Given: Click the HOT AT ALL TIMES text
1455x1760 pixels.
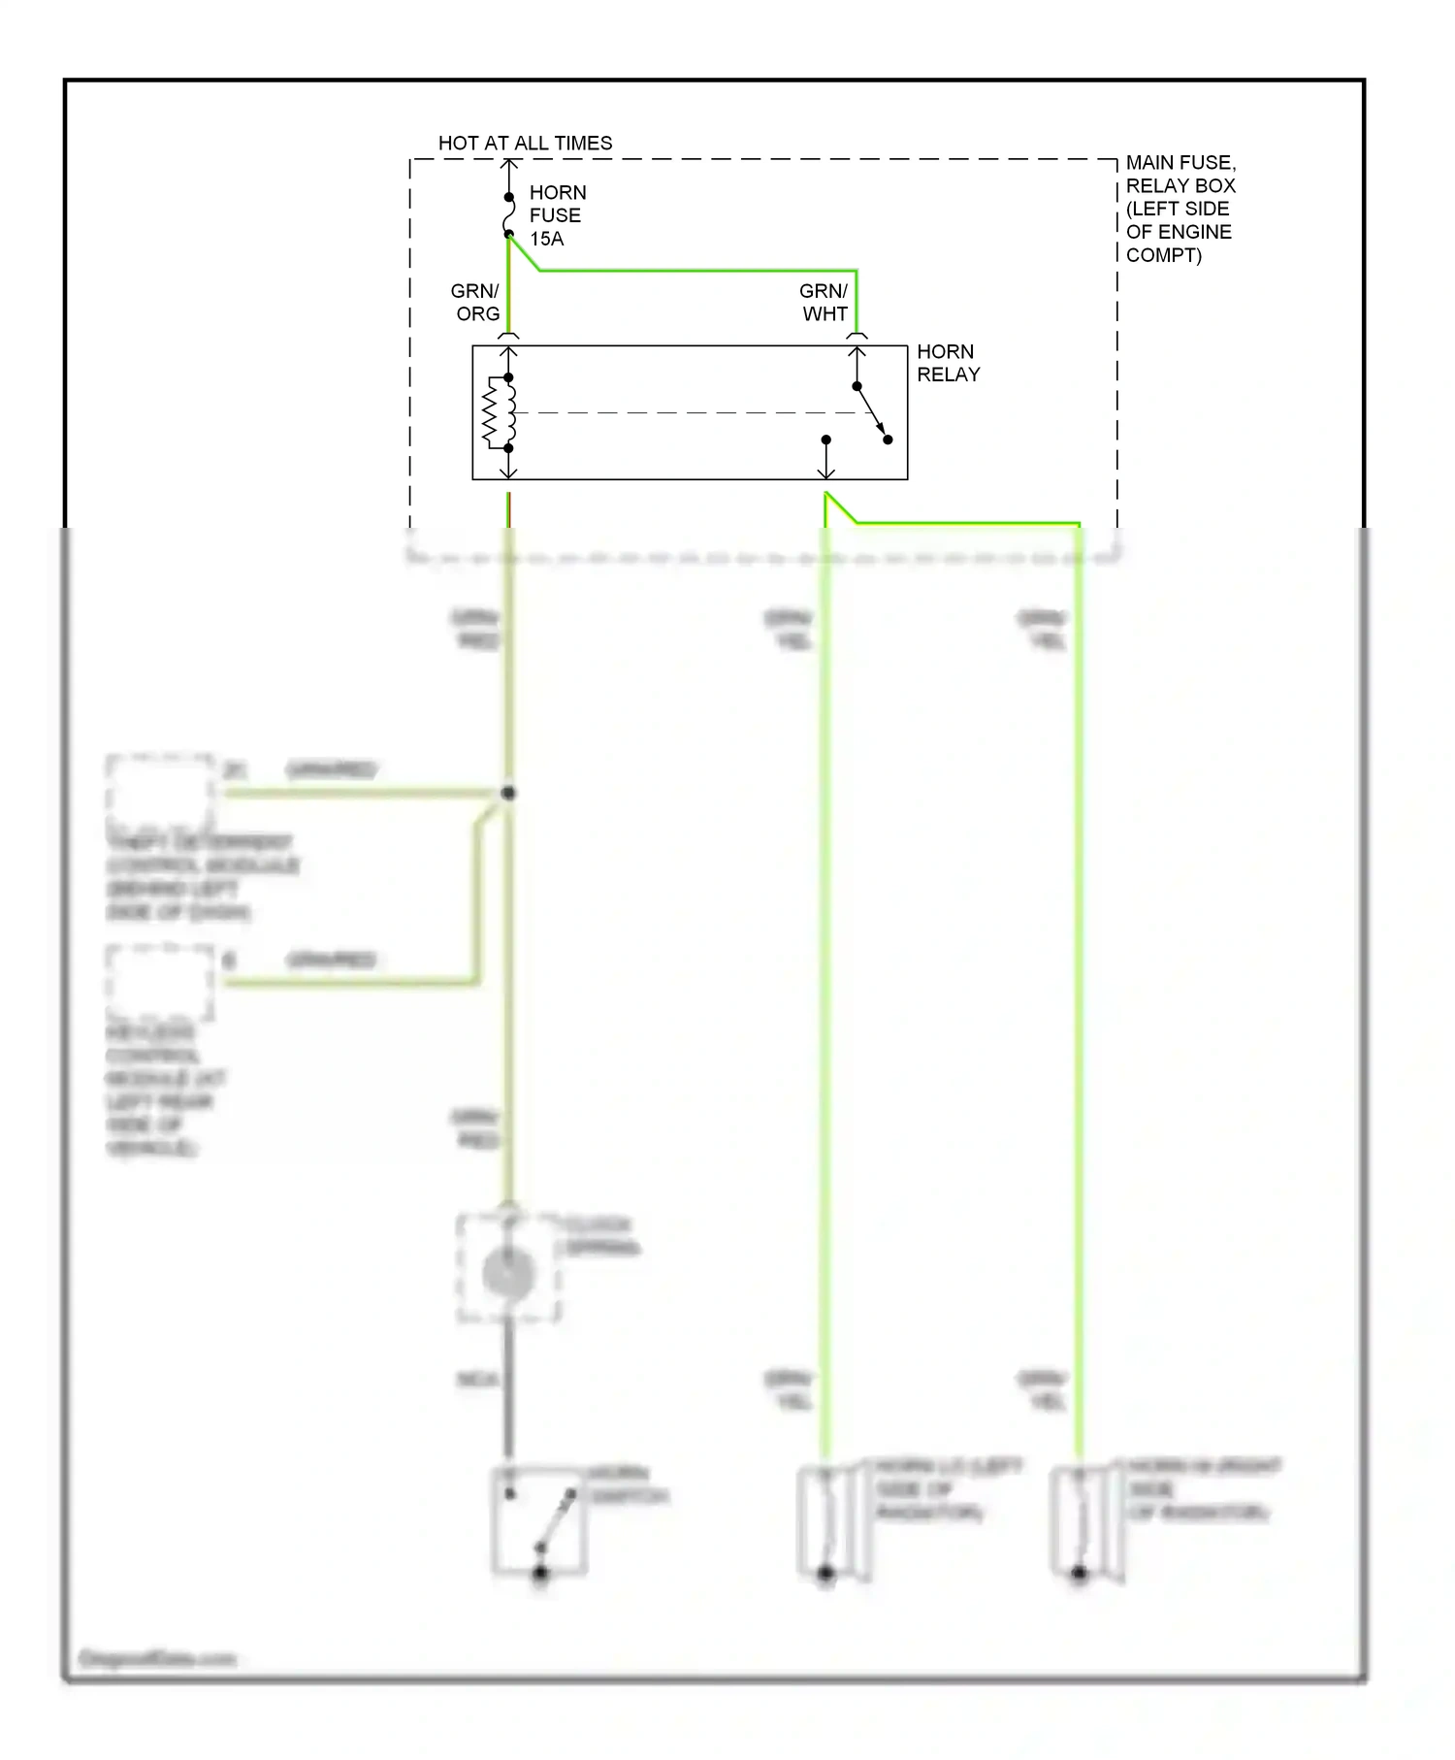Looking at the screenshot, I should [525, 143].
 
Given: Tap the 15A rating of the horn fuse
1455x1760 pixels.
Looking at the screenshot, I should [546, 239].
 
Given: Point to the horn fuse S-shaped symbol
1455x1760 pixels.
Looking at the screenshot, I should [508, 216].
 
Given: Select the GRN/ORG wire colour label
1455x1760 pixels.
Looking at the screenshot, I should [476, 303].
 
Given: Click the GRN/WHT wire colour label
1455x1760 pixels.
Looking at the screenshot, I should [824, 303].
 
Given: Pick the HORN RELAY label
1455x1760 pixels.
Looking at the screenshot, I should [948, 363].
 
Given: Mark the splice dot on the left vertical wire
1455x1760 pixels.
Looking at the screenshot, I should [507, 793].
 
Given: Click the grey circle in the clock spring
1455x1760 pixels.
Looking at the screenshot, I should [508, 1273].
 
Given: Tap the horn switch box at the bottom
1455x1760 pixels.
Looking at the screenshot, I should [539, 1520].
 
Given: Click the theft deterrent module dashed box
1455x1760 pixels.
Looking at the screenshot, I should [160, 791].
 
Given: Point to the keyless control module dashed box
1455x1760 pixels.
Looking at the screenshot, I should [160, 981].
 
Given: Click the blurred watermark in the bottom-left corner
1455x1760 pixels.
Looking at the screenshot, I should [157, 1659].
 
